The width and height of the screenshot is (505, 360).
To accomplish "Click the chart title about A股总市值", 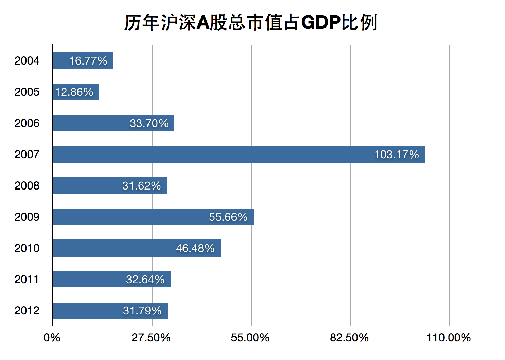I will pyautogui.click(x=250, y=23).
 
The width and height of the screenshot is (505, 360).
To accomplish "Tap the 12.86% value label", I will pyautogui.click(x=74, y=92).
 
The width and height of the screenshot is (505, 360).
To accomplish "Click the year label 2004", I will pyautogui.click(x=27, y=61).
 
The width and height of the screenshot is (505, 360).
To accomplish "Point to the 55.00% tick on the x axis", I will pyautogui.click(x=250, y=338).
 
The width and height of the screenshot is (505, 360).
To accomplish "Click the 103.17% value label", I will pyautogui.click(x=397, y=155).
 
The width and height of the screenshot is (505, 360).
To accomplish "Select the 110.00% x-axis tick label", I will pyautogui.click(x=449, y=338).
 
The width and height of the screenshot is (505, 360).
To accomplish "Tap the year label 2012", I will pyautogui.click(x=27, y=311).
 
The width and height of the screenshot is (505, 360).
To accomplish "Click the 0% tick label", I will pyautogui.click(x=52, y=338).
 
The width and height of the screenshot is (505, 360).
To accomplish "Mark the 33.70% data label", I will pyautogui.click(x=149, y=123).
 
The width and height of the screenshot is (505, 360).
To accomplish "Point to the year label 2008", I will pyautogui.click(x=27, y=186).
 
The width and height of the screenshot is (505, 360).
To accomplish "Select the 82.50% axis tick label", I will pyautogui.click(x=349, y=338).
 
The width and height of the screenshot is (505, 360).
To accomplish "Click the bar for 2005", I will pyautogui.click(x=76, y=92).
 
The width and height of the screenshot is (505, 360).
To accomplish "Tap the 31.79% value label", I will pyautogui.click(x=142, y=311).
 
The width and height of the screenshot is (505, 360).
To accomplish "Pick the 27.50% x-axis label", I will pyautogui.click(x=151, y=338).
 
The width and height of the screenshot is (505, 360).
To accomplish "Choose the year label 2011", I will pyautogui.click(x=27, y=280).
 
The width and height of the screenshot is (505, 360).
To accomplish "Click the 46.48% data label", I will pyautogui.click(x=195, y=248).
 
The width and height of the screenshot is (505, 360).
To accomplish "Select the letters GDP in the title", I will pyautogui.click(x=321, y=23).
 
